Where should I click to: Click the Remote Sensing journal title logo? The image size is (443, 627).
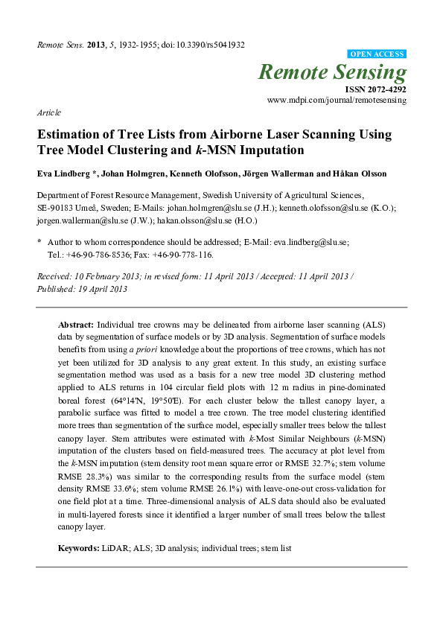tap(333, 72)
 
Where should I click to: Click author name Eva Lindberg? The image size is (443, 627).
tap(60, 173)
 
